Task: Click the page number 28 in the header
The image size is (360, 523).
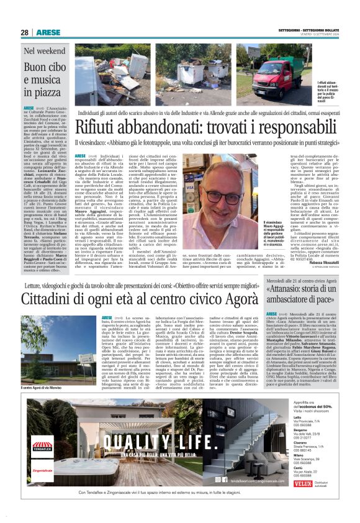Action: click(24, 32)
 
